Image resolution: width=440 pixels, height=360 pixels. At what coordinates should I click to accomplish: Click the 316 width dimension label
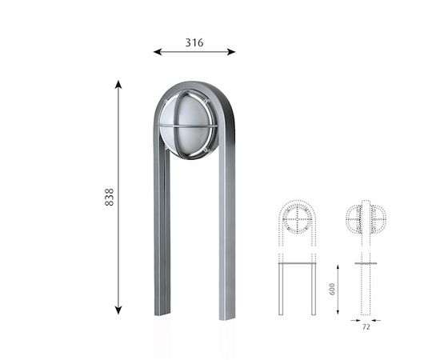tap(194, 42)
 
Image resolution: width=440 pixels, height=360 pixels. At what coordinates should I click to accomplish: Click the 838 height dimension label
tap(109, 197)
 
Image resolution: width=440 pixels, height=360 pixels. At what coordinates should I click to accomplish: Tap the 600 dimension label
tap(332, 289)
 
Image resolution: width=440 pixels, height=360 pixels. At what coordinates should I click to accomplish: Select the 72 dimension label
tap(366, 327)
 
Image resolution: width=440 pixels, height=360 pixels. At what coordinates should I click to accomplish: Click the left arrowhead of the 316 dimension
tap(158, 52)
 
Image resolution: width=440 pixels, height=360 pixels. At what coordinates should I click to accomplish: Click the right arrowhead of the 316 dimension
tap(231, 52)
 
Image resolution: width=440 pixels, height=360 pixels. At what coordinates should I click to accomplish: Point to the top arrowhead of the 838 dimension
tap(118, 85)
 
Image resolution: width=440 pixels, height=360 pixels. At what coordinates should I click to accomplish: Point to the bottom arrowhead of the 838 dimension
tap(118, 310)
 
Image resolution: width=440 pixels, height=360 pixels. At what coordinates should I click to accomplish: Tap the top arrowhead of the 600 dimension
tap(338, 266)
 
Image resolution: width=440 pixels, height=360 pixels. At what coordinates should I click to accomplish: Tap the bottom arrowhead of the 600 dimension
tap(338, 312)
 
